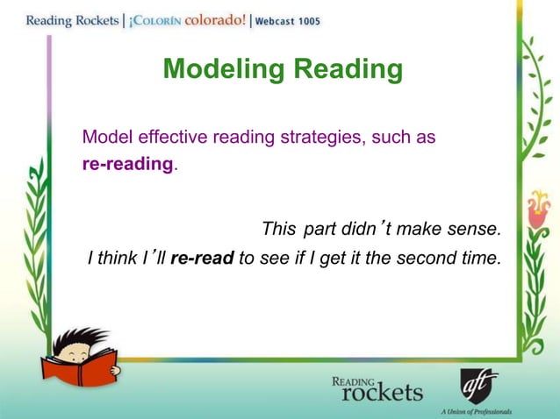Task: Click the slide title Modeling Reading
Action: click(x=283, y=69)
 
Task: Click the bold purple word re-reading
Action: click(x=126, y=164)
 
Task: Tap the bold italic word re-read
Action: click(x=202, y=258)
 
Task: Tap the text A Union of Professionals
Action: click(x=477, y=410)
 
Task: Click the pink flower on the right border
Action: click(x=536, y=210)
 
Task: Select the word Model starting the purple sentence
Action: click(x=104, y=138)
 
